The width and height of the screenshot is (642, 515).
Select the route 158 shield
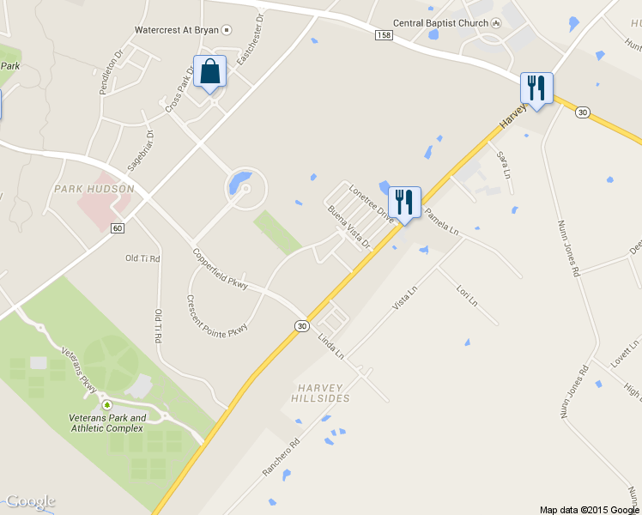point(384,34)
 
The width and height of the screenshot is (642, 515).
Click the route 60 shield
point(118,227)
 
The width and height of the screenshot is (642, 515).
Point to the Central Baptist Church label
point(439,23)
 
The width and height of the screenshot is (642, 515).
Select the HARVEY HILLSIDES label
point(322,393)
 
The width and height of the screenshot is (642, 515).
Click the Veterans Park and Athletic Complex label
point(107,422)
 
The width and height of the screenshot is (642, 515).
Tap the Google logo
point(30,501)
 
